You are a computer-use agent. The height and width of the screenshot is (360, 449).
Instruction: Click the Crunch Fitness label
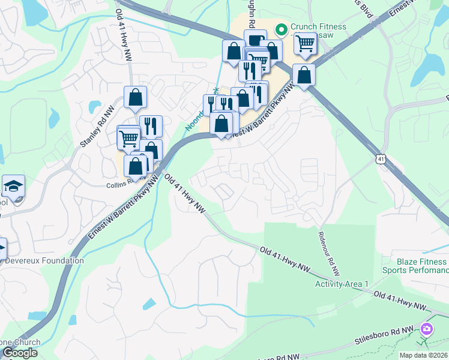318,26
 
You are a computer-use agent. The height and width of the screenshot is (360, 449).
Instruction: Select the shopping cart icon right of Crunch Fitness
306,43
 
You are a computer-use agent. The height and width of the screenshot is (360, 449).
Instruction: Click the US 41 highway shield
381,158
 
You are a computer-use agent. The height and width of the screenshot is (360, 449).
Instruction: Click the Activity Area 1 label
342,284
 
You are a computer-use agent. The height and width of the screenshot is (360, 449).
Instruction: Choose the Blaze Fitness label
422,262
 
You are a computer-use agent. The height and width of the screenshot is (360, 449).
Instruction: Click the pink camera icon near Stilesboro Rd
427,329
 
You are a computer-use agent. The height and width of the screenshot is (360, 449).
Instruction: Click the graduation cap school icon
13,187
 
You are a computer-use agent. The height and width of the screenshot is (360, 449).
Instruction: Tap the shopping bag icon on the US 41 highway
304,76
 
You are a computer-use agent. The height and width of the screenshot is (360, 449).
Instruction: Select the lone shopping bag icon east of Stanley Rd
136,97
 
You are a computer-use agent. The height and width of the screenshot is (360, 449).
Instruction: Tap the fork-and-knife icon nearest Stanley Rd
151,127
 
